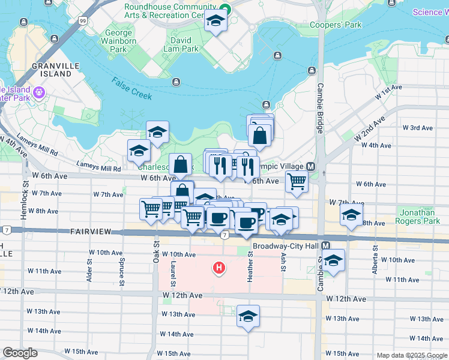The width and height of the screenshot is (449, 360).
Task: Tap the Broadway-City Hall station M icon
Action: [326, 246]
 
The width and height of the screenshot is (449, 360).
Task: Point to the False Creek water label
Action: [131, 88]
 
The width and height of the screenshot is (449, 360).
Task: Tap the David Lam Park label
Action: [181, 45]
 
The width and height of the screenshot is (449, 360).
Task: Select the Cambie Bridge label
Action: [320, 108]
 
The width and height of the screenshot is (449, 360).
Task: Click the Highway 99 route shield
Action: [82, 21]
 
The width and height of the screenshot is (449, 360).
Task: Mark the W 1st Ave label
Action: [388, 92]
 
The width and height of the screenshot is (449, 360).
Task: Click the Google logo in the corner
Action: [20, 353]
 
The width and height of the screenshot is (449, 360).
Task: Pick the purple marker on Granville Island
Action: [40, 92]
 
